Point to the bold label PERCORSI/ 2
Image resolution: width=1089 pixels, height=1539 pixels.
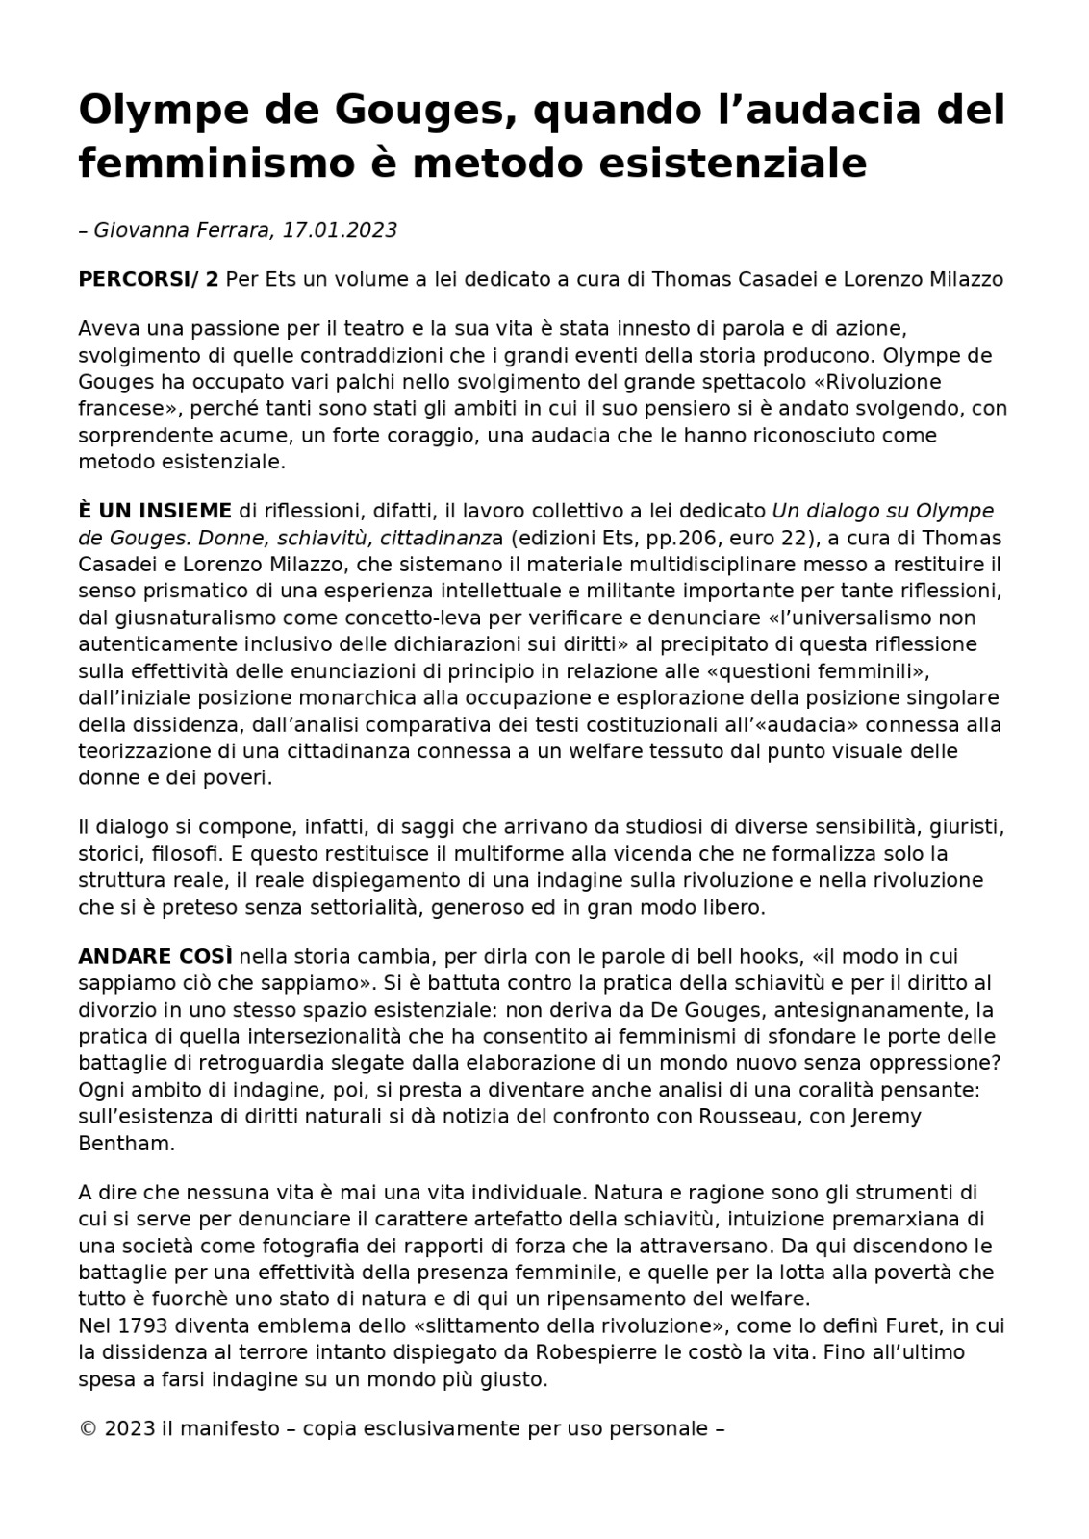click(148, 280)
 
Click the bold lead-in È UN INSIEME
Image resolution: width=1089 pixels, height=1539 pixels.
click(155, 511)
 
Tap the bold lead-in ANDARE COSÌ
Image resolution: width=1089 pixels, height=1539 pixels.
click(155, 957)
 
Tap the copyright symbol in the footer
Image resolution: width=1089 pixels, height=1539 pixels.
click(88, 1429)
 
